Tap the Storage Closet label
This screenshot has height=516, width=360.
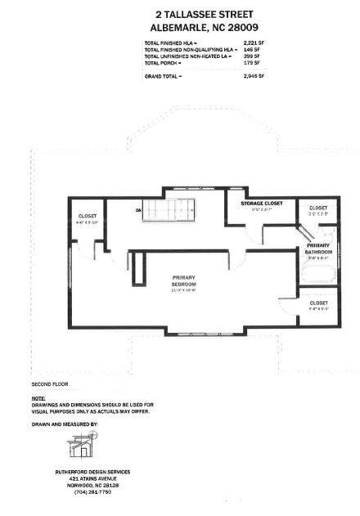tap(262, 203)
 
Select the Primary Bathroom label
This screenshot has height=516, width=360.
tap(318, 249)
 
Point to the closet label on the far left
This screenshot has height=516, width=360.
tap(87, 216)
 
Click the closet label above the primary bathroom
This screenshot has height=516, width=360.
tap(318, 208)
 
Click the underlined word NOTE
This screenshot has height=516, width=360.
tap(38, 398)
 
